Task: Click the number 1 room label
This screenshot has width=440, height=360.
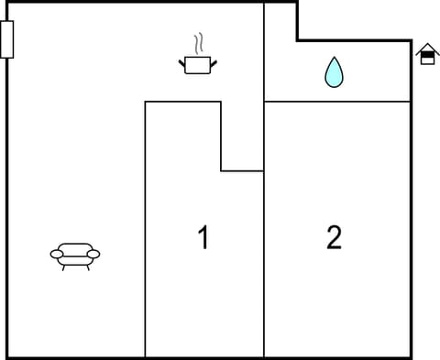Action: [x=203, y=238]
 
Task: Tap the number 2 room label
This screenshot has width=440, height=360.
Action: [x=335, y=238]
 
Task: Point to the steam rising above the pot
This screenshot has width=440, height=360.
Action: [x=198, y=45]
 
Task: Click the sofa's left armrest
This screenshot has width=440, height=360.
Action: [x=56, y=254]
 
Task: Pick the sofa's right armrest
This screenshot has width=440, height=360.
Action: [x=93, y=254]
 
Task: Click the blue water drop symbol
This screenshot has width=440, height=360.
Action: [x=335, y=72]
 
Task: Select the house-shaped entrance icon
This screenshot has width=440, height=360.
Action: [x=427, y=55]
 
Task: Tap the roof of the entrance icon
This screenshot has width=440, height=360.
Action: [x=427, y=48]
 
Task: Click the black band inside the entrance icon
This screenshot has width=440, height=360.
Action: [x=427, y=57]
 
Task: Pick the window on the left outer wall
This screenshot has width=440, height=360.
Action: [x=7, y=40]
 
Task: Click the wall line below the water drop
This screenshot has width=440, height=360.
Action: [x=336, y=101]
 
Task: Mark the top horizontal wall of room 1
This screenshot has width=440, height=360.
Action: [x=182, y=101]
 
